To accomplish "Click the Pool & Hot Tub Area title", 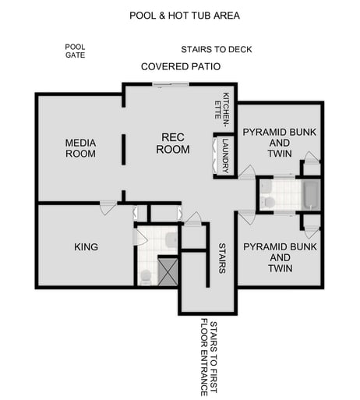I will [x=185, y=15].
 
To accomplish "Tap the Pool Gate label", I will [x=75, y=51].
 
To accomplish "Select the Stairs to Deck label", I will [x=217, y=49].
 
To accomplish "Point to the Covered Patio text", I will [x=181, y=67].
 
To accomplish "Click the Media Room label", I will [x=80, y=148].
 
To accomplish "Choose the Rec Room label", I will [x=172, y=143].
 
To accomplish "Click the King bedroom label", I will [x=86, y=247].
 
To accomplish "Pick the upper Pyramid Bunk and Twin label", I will [x=268, y=143].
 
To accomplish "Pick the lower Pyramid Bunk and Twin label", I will [x=270, y=257].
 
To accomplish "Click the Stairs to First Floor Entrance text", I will [x=208, y=357].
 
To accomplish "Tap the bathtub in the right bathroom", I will [x=310, y=195].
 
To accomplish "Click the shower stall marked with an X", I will [x=168, y=270].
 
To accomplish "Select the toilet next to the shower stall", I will [x=145, y=274].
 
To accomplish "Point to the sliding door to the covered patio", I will [x=170, y=84].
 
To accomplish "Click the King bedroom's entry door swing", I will [x=108, y=208].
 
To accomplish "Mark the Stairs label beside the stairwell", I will [x=222, y=258].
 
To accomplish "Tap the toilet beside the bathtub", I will [x=269, y=202].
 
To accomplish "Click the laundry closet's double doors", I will [x=215, y=156].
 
